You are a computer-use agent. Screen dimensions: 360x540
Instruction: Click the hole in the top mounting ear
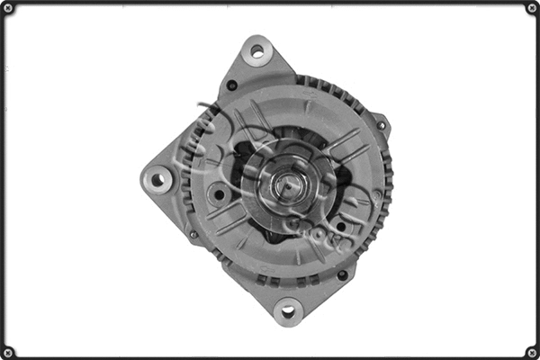pyautogui.click(x=257, y=51)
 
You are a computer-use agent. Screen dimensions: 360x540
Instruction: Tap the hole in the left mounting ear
pyautogui.click(x=158, y=180)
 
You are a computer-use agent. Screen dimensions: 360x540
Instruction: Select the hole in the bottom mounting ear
pyautogui.click(x=288, y=311)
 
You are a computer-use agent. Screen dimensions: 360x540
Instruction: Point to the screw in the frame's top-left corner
pyautogui.click(x=7, y=8)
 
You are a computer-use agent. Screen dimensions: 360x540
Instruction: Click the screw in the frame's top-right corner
pyautogui.click(x=532, y=8)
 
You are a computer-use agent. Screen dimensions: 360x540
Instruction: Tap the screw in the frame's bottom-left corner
pyautogui.click(x=7, y=351)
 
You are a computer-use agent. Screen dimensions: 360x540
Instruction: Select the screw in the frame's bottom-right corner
pyautogui.click(x=532, y=351)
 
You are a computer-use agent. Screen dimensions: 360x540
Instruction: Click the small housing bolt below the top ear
pyautogui.click(x=232, y=85)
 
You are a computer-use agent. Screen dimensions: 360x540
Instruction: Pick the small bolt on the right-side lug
pyautogui.click(x=380, y=125)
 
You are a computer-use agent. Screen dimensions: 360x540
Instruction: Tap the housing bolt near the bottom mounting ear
pyautogui.click(x=342, y=274)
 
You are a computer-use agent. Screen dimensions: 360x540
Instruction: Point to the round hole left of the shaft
pyautogui.click(x=219, y=193)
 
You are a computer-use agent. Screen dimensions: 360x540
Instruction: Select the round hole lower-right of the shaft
pyautogui.click(x=339, y=226)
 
